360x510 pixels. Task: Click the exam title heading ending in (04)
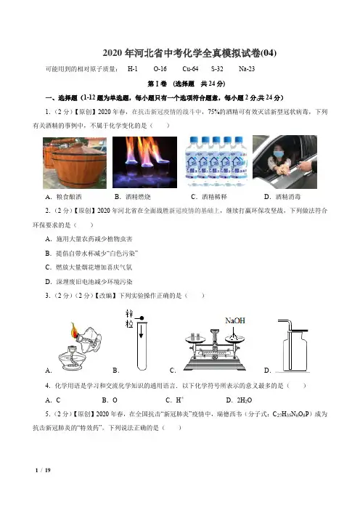pos(189,53)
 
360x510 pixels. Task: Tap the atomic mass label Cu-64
pos(190,68)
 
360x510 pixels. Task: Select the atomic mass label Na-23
pos(247,68)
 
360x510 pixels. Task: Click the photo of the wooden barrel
pos(75,163)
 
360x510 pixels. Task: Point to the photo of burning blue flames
pos(144,162)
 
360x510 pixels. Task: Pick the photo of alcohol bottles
pos(216,162)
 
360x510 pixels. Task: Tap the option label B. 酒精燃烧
pos(133,197)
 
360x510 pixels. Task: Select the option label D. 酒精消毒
pos(282,197)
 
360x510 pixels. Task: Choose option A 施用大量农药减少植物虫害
pos(89,239)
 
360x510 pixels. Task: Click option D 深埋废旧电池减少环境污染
pos(89,282)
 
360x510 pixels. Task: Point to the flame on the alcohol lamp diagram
pos(75,331)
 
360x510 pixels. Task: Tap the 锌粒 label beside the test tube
pos(129,319)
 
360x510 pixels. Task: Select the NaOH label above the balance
pos(235,320)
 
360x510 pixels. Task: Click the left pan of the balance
pos(195,339)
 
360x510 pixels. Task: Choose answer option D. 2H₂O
pos(239,400)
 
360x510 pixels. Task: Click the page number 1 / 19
pos(43,470)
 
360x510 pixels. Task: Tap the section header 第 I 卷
pos(157,84)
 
